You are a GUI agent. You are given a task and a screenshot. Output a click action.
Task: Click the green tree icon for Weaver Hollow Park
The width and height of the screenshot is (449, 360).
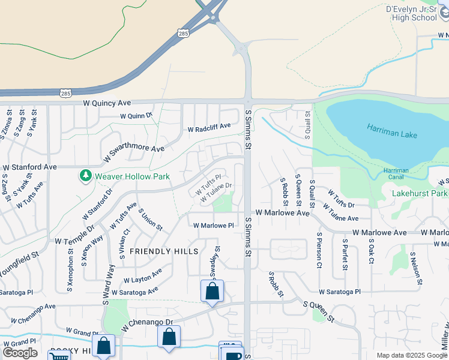pyautogui.click(x=85, y=176)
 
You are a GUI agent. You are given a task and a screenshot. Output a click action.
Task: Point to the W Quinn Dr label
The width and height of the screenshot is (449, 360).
pyautogui.click(x=136, y=116)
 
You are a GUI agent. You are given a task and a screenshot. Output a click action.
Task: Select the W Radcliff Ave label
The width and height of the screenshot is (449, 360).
pyautogui.click(x=209, y=128)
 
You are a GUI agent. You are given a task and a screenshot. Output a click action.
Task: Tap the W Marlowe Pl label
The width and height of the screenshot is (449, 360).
pyautogui.click(x=213, y=225)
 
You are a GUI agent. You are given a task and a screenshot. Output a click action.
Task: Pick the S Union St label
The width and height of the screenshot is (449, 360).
pyautogui.click(x=150, y=219)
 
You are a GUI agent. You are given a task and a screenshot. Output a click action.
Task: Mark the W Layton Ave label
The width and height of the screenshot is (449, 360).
pyautogui.click(x=143, y=276)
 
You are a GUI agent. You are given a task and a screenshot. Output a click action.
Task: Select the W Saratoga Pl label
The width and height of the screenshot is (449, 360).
pyautogui.click(x=340, y=292)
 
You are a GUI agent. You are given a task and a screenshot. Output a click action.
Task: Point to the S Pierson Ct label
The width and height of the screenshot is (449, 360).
pyautogui.click(x=319, y=246)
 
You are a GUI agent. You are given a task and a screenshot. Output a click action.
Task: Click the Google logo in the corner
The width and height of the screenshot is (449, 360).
pyautogui.click(x=20, y=352)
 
